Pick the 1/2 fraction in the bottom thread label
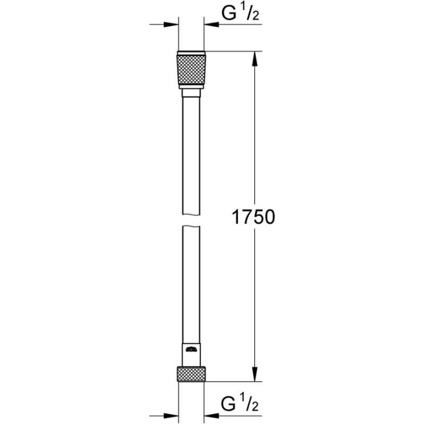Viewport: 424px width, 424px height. pos(250,404)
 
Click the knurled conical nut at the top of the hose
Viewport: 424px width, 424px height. pos(191,71)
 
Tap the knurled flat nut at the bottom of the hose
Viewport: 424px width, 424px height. pos(191,374)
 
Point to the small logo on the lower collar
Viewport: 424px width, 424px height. pos(191,351)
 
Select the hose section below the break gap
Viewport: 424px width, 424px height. pos(191,283)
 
